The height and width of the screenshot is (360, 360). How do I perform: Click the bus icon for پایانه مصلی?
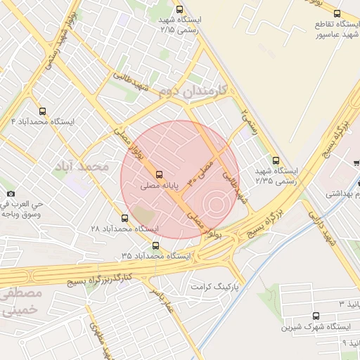pyautogui.click(x=159, y=174)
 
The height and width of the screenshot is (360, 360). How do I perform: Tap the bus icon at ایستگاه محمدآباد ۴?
pyautogui.click(x=43, y=111)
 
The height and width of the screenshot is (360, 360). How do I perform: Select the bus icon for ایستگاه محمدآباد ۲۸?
pyautogui.click(x=125, y=218)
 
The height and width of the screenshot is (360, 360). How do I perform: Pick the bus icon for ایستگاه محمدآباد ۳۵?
pyautogui.click(x=155, y=245)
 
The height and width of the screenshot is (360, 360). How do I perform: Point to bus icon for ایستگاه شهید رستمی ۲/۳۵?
pyautogui.click(x=275, y=160)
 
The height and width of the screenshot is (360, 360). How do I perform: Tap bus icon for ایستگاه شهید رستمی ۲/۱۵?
pyautogui.click(x=180, y=10)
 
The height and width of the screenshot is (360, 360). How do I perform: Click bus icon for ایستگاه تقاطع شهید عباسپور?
pyautogui.click(x=337, y=13)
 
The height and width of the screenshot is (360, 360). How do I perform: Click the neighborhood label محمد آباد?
pyautogui.click(x=84, y=167)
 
